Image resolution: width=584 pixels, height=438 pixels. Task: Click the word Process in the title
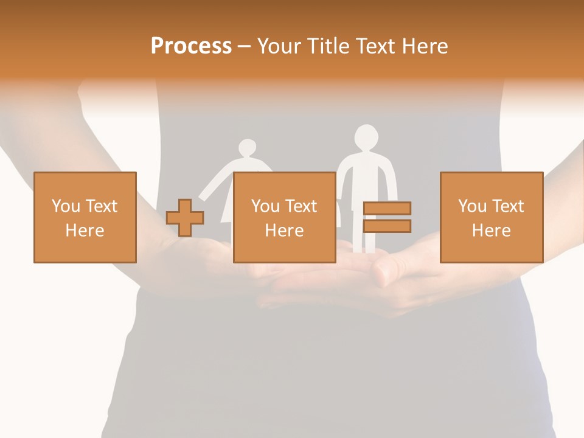(191, 46)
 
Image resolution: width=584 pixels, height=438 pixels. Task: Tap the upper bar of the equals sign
(387, 209)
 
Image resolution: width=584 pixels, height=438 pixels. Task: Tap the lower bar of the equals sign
(387, 226)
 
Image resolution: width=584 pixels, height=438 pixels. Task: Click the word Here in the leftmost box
(85, 231)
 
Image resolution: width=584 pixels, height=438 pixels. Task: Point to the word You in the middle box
(265, 206)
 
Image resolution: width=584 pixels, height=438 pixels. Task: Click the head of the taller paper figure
(366, 137)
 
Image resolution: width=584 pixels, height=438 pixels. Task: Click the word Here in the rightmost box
(491, 231)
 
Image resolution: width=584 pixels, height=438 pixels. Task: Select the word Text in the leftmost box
(101, 206)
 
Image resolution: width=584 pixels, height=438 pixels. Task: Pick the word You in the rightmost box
(472, 206)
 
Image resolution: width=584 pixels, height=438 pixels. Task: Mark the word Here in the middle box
(284, 231)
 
